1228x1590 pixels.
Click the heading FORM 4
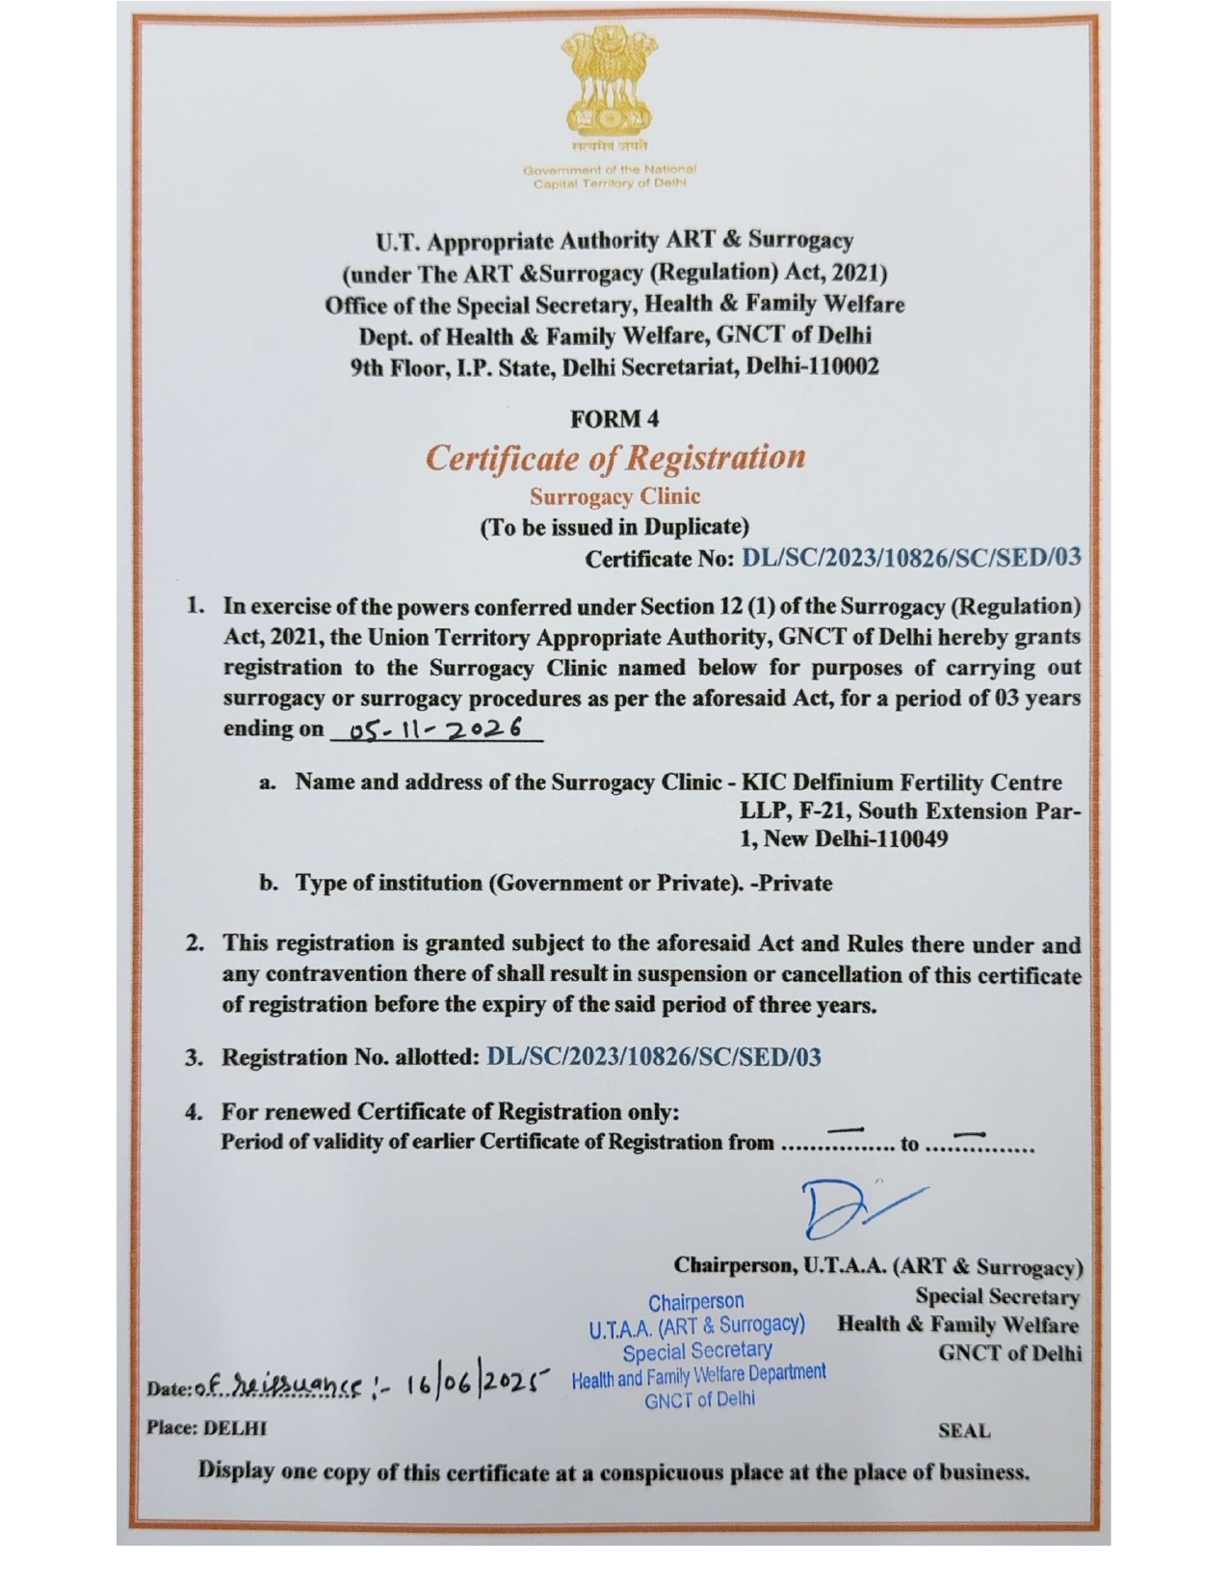click(x=614, y=419)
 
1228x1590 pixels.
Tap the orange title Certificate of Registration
click(x=614, y=457)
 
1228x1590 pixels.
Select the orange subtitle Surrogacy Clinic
click(x=614, y=496)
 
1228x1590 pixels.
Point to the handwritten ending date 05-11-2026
click(x=436, y=729)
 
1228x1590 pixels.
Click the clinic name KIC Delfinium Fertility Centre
click(x=901, y=782)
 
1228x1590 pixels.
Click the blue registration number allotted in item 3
click(x=654, y=1057)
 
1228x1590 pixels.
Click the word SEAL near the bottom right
click(x=963, y=1431)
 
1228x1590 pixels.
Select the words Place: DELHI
click(x=206, y=1427)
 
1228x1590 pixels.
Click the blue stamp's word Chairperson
click(x=695, y=1302)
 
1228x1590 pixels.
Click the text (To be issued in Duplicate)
click(x=614, y=527)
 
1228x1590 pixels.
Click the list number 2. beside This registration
click(x=195, y=942)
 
